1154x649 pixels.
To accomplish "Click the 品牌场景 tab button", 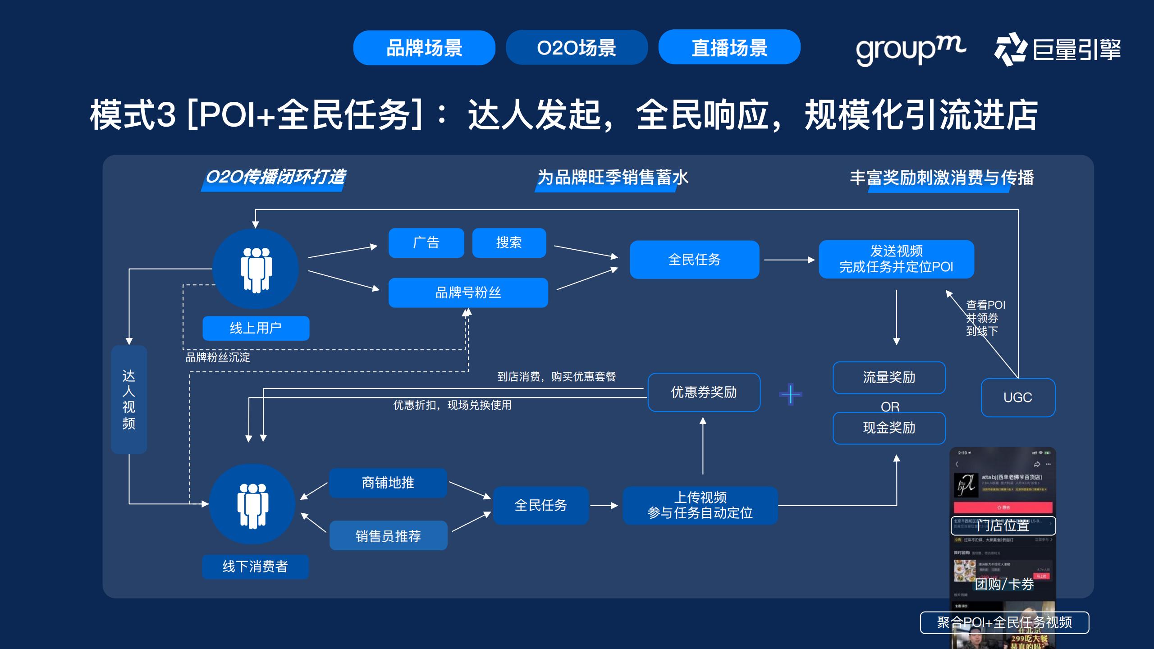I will point(424,48).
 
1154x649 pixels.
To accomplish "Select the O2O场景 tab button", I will point(576,48).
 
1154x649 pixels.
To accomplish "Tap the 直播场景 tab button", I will point(729,47).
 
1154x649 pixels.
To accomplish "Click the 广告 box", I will point(426,243).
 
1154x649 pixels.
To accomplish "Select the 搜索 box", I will point(509,243).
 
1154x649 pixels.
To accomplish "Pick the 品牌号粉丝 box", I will point(468,293).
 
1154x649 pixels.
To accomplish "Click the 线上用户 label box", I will point(256,328).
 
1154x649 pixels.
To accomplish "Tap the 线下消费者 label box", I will point(255,567).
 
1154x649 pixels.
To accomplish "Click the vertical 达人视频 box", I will point(129,399).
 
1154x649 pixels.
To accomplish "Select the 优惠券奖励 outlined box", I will point(704,392).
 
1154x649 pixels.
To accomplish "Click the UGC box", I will point(1017,398).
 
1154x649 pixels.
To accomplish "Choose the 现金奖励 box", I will point(889,428).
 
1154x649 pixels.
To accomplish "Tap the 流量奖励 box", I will point(889,378).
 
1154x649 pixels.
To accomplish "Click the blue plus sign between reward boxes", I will point(790,394).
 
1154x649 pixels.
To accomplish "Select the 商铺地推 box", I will point(388,483).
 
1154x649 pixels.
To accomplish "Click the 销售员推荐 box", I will point(388,535).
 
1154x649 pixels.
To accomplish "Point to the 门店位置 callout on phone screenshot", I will point(1003,526).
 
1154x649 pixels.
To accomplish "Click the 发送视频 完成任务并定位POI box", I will point(896,259).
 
